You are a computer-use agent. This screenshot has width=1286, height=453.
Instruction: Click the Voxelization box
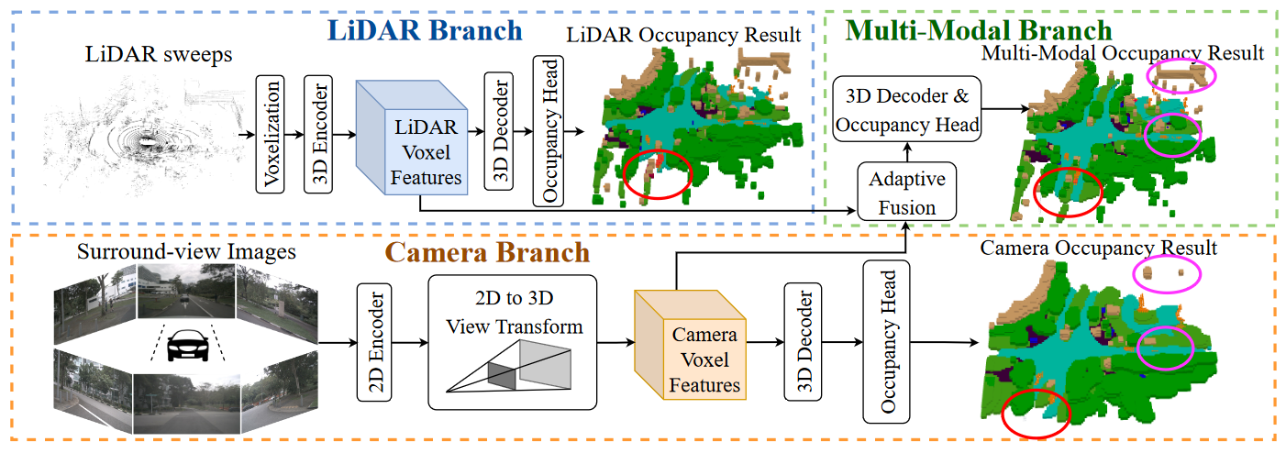coord(271,135)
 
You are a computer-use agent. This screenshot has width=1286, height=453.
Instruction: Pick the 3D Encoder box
coord(318,135)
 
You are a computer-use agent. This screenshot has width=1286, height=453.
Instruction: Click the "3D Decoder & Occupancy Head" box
coord(907,110)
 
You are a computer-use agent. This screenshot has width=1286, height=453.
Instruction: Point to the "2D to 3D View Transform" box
coord(513,342)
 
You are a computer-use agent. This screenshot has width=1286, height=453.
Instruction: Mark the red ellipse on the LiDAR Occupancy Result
coord(657,173)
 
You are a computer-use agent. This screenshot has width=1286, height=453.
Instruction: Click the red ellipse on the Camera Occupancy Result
coord(1036,415)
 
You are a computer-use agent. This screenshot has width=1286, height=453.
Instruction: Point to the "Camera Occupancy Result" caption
coord(1099,248)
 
